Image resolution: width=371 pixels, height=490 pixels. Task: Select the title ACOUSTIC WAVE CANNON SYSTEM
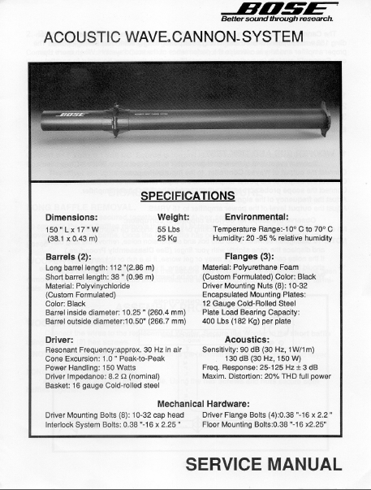(173, 38)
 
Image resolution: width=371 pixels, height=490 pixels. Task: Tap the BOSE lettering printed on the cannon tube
(71, 115)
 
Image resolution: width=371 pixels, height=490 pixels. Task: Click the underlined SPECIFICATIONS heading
(188, 196)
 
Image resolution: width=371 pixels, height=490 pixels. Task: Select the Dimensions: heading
(72, 218)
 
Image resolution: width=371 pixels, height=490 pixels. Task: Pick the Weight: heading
(173, 218)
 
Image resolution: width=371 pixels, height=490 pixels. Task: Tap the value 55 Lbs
(167, 230)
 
